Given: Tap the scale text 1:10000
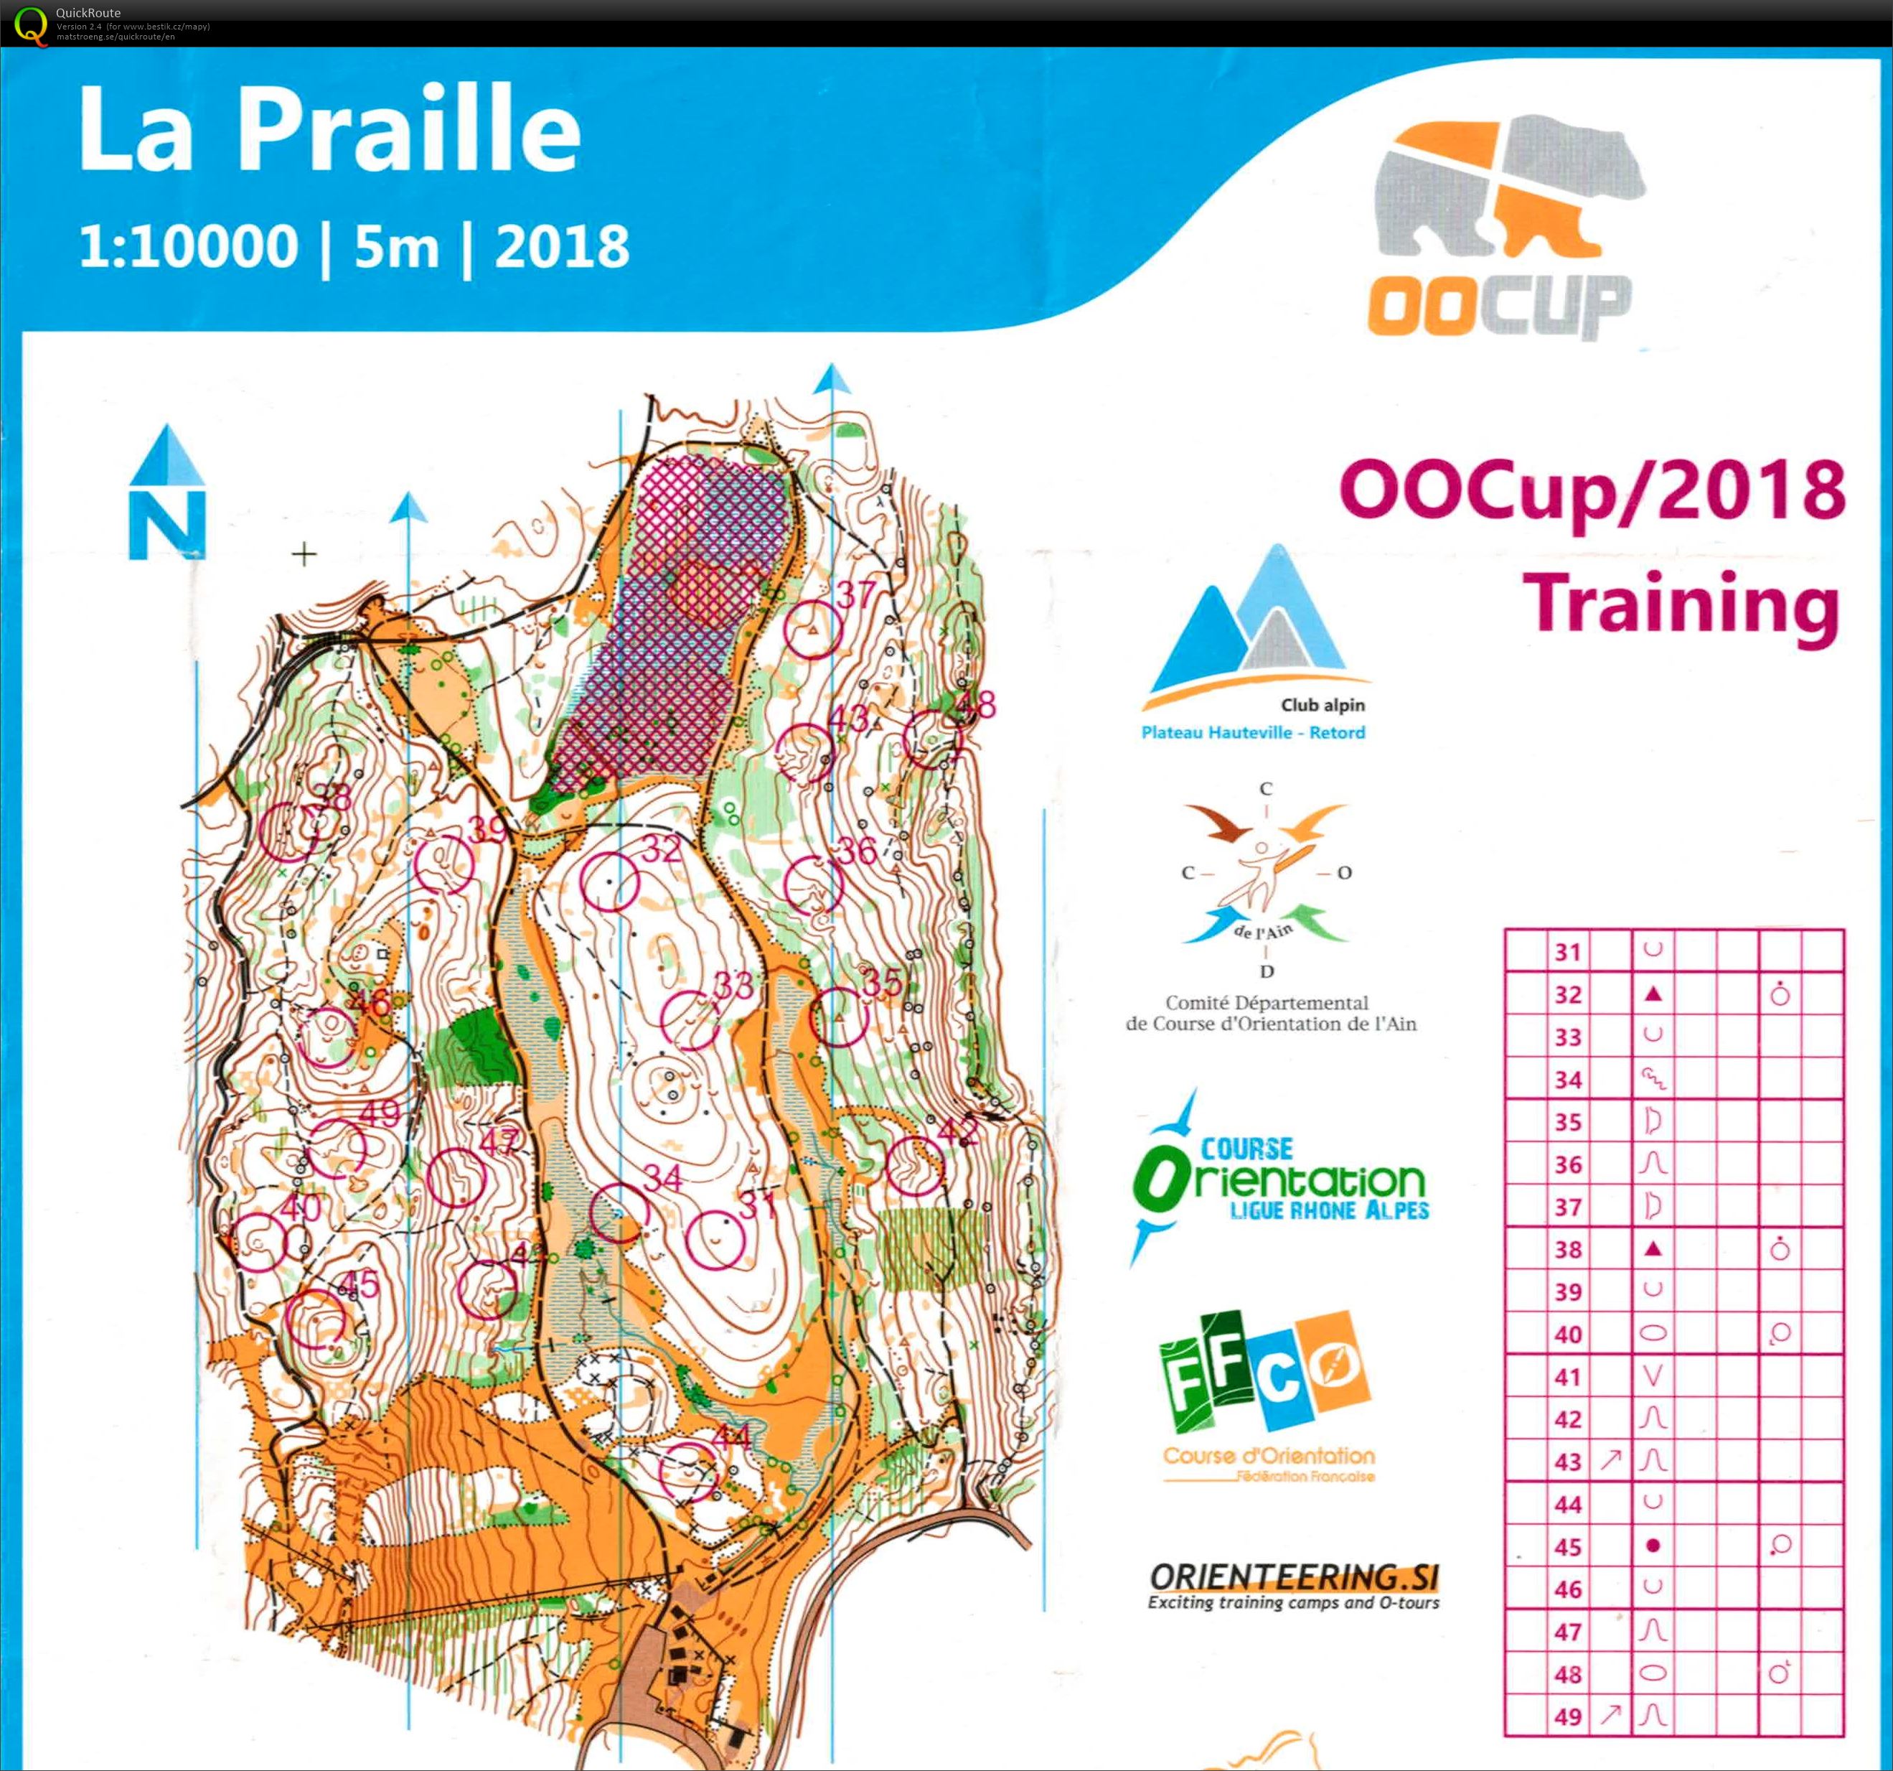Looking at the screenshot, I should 189,247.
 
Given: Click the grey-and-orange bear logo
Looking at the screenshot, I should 1508,189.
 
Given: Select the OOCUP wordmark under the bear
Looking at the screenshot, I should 1499,306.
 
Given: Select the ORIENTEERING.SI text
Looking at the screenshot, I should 1294,1576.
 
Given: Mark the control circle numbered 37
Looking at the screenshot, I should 813,630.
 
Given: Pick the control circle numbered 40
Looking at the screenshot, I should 260,1242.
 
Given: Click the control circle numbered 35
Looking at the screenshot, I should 839,1017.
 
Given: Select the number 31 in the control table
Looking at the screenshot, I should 1567,952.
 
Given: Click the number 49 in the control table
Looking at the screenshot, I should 1567,1716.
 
